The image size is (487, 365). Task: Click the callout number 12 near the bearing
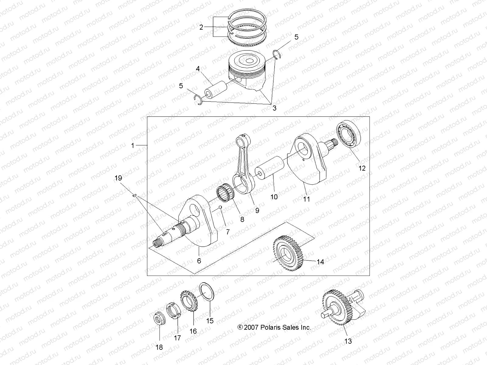(x=362, y=168)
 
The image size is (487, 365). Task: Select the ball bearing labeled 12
(x=348, y=134)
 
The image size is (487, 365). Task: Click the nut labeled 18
(x=159, y=319)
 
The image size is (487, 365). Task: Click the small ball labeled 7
(x=220, y=208)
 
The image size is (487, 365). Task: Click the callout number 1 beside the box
(x=133, y=146)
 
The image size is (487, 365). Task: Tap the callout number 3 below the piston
(x=274, y=108)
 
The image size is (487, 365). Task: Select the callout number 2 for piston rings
(x=201, y=27)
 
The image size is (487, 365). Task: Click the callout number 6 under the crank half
(x=199, y=261)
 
